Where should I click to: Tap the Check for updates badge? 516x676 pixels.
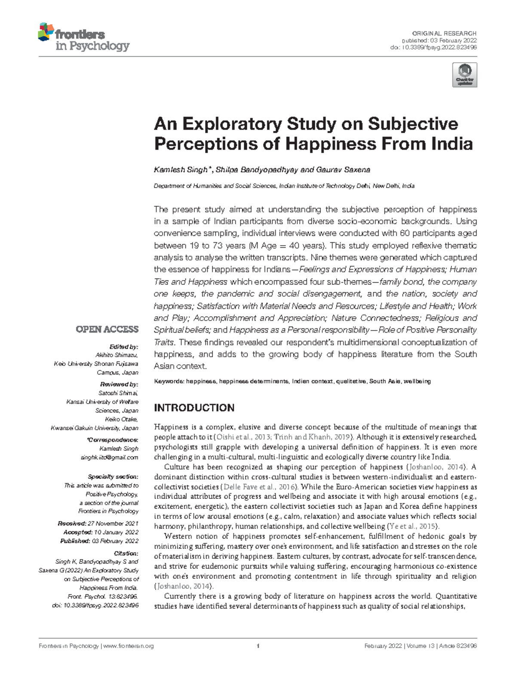pyautogui.click(x=464, y=75)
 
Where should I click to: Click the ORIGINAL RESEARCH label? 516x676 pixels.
pyautogui.click(x=444, y=33)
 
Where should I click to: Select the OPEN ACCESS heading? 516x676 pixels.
pyautogui.click(x=107, y=330)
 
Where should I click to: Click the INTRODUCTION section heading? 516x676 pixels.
pyautogui.click(x=194, y=407)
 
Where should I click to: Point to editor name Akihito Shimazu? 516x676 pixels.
pyautogui.click(x=117, y=355)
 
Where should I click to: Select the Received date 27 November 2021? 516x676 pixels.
pyautogui.click(x=113, y=524)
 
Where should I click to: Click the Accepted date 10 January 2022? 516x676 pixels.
pyautogui.click(x=114, y=532)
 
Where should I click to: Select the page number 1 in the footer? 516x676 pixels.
pyautogui.click(x=258, y=646)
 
